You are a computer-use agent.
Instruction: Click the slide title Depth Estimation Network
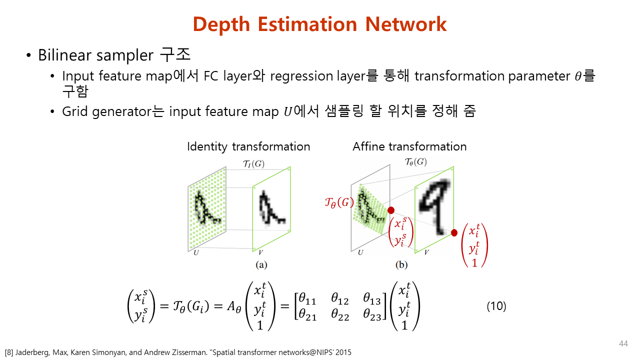(319, 24)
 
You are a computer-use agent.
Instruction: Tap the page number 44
(623, 344)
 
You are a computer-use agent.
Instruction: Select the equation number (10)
(496, 306)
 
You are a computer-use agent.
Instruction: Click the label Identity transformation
(248, 146)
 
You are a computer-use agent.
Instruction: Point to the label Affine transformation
(409, 146)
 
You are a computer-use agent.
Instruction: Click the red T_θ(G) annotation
(339, 203)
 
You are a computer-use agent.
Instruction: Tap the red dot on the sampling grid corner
(391, 210)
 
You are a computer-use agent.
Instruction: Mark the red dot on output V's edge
(454, 232)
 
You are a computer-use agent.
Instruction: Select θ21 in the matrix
(307, 316)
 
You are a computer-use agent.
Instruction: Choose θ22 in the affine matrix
(339, 316)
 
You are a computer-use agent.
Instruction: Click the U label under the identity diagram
(196, 253)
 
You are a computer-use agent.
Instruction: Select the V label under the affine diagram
(426, 253)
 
